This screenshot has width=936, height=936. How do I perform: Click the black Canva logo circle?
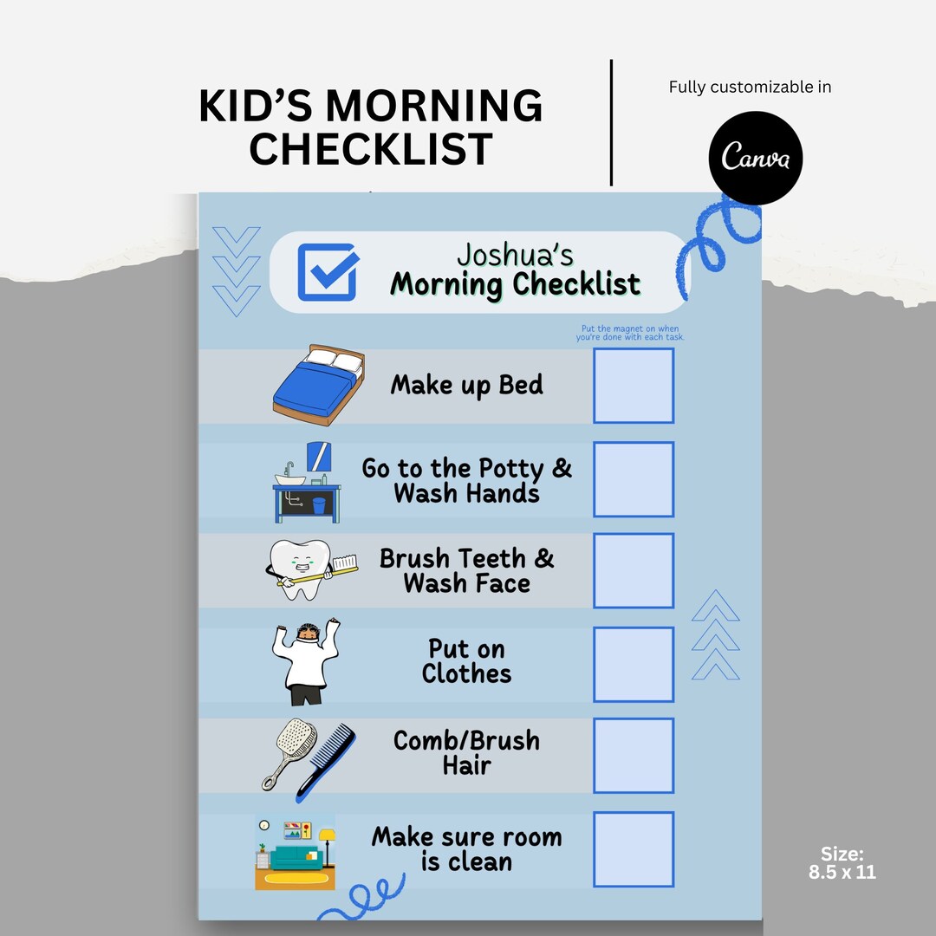[x=756, y=159]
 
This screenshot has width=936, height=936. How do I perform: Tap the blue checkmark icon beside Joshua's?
[x=328, y=271]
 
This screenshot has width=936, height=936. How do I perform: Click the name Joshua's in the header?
[x=515, y=255]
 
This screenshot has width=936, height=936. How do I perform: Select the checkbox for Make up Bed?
[x=634, y=386]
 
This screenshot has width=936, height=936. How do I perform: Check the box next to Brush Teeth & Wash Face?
[x=634, y=570]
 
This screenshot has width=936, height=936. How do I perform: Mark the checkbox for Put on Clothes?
[x=634, y=664]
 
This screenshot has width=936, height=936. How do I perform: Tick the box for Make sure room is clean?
[x=634, y=849]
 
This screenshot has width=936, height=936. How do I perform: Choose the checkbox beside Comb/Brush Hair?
[x=634, y=756]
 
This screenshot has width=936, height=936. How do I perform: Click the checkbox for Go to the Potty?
[x=634, y=478]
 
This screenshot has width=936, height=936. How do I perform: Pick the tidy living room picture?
[x=296, y=853]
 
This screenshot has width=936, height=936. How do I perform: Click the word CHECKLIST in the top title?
[x=370, y=148]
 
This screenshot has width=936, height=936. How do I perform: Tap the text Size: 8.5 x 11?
[x=842, y=862]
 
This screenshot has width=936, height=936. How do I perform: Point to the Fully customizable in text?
[x=750, y=87]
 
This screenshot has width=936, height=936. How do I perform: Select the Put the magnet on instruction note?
[x=630, y=333]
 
